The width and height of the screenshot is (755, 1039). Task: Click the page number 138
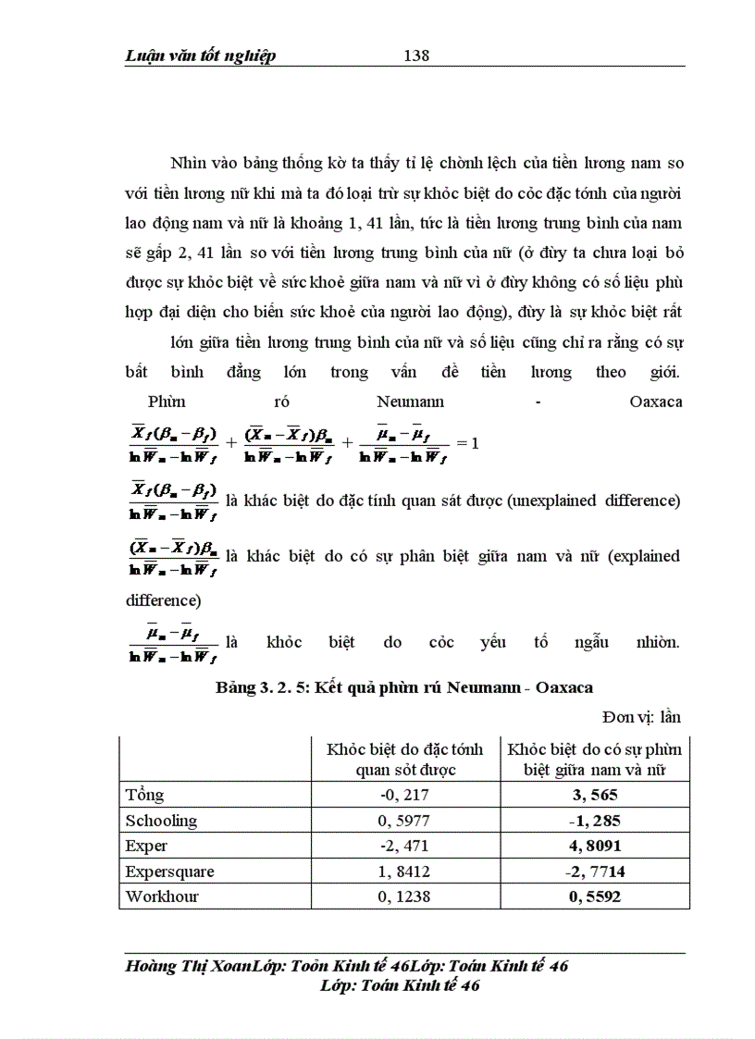[x=416, y=56]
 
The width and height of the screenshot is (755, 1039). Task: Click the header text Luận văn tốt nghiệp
[x=201, y=56]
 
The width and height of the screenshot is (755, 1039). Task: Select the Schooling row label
[x=162, y=821]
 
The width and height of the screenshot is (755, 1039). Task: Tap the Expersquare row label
[x=170, y=871]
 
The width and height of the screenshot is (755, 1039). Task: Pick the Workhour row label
[x=163, y=896]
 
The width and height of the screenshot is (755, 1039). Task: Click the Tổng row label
[x=145, y=795]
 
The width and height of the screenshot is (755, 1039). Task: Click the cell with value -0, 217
[x=403, y=795]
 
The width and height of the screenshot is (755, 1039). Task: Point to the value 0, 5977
[x=403, y=821]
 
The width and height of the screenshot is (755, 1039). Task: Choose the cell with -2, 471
[x=403, y=846]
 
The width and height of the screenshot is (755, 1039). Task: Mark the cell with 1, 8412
[x=403, y=871]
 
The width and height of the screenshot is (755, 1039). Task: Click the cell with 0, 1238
[x=403, y=896]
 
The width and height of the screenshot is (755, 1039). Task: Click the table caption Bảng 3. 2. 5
[x=403, y=687]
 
